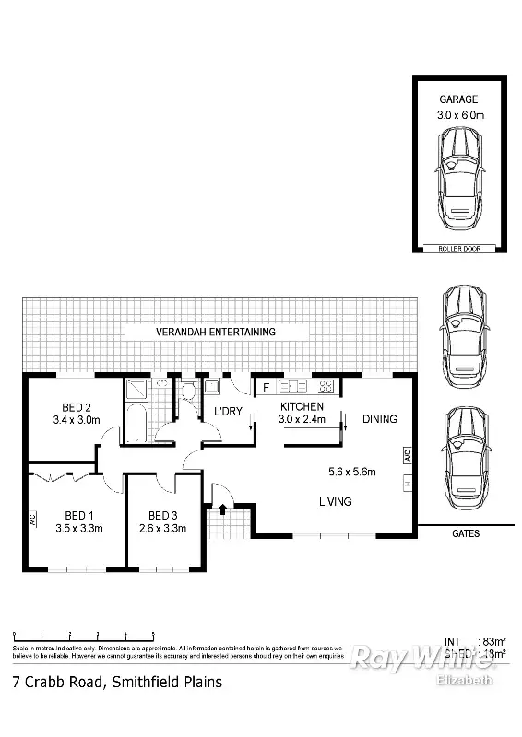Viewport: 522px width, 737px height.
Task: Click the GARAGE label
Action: [x=459, y=99]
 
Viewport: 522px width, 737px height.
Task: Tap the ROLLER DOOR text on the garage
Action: [x=458, y=248]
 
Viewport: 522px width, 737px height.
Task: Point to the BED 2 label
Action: [x=76, y=408]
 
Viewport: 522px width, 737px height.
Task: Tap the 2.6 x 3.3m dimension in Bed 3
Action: [x=162, y=529]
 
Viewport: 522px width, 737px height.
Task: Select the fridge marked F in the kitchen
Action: [x=266, y=388]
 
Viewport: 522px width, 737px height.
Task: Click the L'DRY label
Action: [x=228, y=411]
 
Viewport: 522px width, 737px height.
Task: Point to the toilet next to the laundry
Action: [x=186, y=391]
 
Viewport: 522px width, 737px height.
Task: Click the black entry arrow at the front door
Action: [x=221, y=498]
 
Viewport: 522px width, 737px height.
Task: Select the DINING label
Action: [x=379, y=419]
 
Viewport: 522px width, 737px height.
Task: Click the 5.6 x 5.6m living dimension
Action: [x=353, y=473]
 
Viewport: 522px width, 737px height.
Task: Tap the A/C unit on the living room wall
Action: [x=406, y=455]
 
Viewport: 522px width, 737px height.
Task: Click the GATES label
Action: [x=466, y=533]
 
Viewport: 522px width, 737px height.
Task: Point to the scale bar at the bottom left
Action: [x=83, y=636]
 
